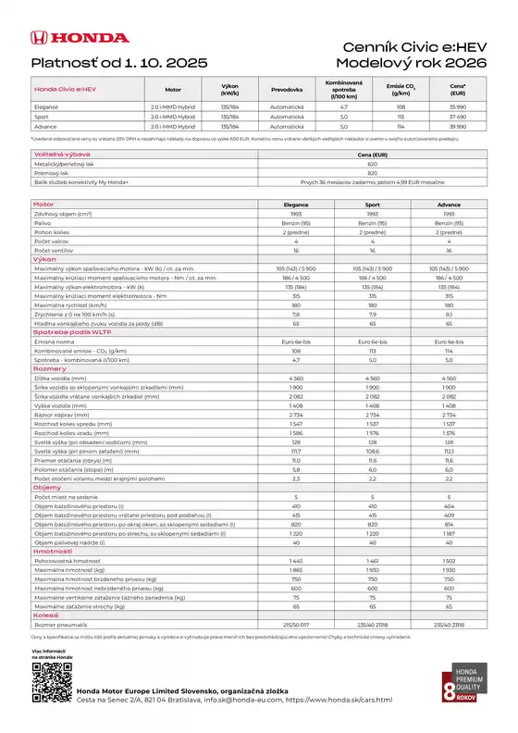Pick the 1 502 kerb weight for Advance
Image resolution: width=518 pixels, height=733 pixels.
449,560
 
